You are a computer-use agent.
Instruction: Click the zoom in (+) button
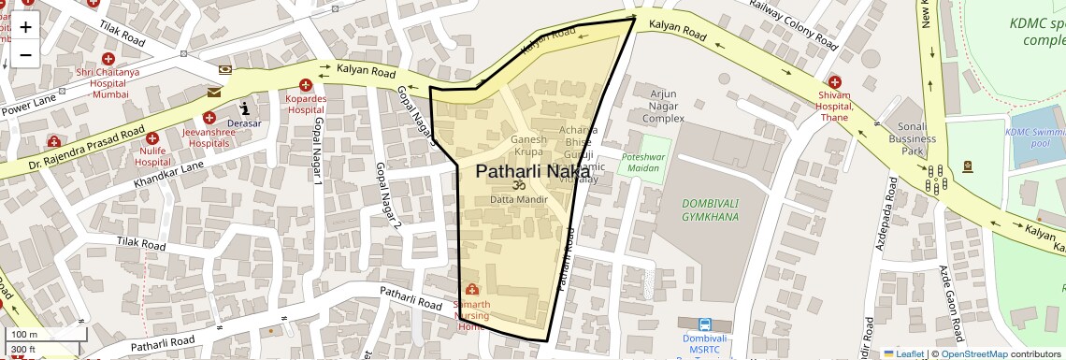tap(25, 26)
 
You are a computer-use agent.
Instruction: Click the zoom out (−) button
tap(25, 54)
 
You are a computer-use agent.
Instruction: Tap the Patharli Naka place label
tap(533, 171)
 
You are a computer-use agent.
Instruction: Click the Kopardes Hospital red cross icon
tap(305, 86)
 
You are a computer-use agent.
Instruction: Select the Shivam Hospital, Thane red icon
tap(834, 82)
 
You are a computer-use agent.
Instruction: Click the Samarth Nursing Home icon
tap(470, 290)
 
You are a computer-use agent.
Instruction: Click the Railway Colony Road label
tap(794, 24)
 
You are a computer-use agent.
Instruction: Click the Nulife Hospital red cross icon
tap(151, 138)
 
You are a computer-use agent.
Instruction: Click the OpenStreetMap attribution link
tap(974, 353)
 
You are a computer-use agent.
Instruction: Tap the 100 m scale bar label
tap(25, 335)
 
